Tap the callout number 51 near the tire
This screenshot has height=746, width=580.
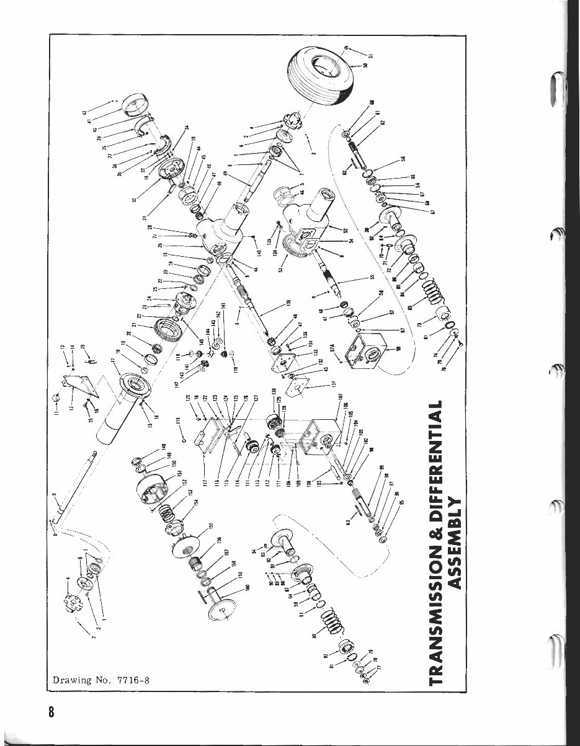tap(370, 57)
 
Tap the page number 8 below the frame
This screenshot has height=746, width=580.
tap(53, 711)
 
